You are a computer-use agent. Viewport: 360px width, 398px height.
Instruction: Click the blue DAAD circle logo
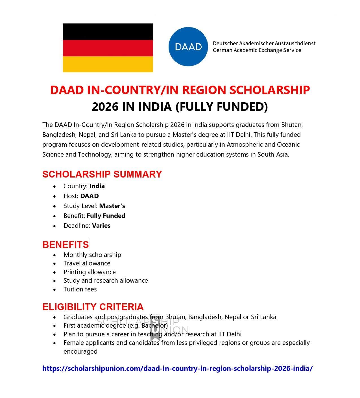[x=188, y=47]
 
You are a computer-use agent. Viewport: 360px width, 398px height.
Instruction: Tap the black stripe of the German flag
[x=108, y=31]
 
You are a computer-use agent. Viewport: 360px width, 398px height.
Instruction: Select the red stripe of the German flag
[x=108, y=48]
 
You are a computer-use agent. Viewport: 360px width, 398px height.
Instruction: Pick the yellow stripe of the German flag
[x=108, y=64]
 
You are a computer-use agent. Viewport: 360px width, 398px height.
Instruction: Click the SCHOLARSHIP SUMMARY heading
[x=102, y=174]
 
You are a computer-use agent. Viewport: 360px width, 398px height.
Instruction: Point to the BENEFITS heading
[x=66, y=245]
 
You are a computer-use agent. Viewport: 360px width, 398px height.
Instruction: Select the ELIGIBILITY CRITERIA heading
[x=93, y=307]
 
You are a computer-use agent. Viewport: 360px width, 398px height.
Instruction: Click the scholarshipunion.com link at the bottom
[x=177, y=368]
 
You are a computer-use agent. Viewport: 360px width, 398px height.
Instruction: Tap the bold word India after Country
[x=97, y=186]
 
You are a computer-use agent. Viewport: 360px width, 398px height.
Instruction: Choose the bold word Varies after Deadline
[x=101, y=226]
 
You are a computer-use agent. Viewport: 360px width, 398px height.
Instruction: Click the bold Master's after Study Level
[x=112, y=206]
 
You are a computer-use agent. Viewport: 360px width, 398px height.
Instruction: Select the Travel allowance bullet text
[x=87, y=263]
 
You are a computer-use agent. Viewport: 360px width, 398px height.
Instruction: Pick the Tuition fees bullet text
[x=80, y=289]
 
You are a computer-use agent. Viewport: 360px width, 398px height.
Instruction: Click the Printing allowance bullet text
[x=90, y=272]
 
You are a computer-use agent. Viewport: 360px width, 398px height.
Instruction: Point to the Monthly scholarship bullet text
[x=92, y=255]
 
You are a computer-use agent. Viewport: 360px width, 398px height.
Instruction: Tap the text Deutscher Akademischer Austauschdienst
[x=264, y=43]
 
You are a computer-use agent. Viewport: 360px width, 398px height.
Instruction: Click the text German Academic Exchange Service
[x=257, y=50]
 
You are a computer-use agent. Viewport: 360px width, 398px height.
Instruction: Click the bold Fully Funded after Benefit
[x=106, y=216]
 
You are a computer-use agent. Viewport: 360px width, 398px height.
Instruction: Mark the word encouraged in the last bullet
[x=80, y=351]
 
